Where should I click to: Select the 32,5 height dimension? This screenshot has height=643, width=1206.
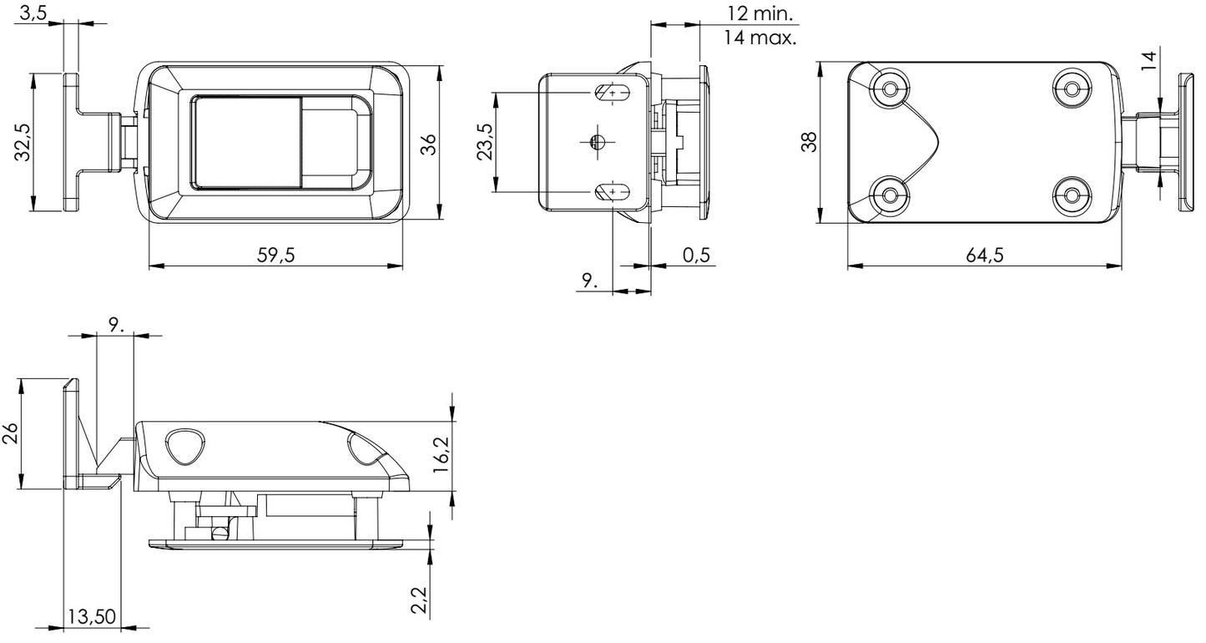(x=23, y=142)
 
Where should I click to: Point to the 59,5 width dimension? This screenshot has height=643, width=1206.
(x=276, y=256)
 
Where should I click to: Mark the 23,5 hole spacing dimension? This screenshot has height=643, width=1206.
(x=484, y=142)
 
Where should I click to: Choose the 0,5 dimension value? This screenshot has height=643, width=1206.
(x=696, y=256)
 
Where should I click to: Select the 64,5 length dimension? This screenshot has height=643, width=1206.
(x=985, y=256)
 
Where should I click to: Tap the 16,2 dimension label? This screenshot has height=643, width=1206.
(x=442, y=455)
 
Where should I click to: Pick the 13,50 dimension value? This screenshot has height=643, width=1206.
(x=91, y=617)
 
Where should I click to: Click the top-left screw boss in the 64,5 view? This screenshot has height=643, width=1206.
(x=891, y=88)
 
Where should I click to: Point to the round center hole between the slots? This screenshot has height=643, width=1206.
(x=595, y=142)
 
